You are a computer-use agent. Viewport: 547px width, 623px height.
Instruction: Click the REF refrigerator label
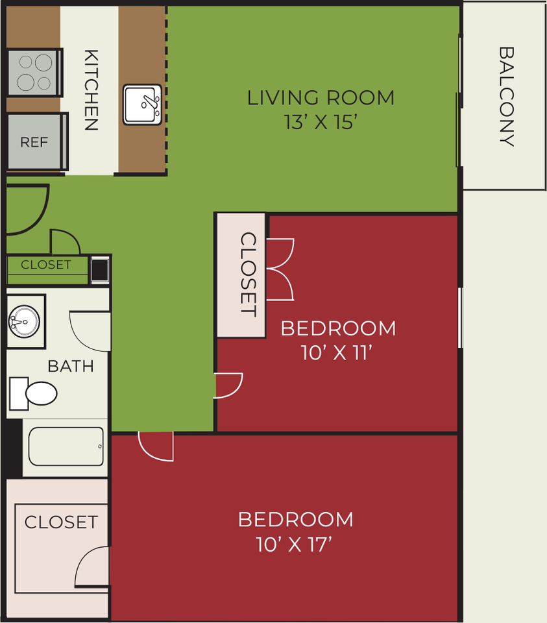click(34, 142)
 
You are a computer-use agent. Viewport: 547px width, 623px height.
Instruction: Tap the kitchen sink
click(142, 104)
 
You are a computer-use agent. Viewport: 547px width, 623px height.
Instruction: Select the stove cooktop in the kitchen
click(35, 73)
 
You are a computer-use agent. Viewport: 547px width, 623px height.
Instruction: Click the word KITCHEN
click(91, 90)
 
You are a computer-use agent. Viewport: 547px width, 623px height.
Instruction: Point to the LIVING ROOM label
click(321, 98)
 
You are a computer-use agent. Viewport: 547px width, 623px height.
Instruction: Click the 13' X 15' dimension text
click(321, 122)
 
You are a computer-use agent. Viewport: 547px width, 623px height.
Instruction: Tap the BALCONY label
click(507, 97)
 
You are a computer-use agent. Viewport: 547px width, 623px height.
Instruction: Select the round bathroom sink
click(24, 321)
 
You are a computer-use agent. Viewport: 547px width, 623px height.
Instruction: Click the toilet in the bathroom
click(33, 393)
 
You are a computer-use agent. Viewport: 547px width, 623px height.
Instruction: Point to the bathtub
click(66, 446)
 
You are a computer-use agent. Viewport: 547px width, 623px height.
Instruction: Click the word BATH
click(71, 366)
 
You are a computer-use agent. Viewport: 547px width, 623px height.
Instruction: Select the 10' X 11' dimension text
click(337, 352)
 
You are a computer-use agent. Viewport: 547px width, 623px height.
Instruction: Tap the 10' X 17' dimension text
click(294, 544)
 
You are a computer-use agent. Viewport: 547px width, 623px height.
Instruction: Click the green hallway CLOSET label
click(46, 265)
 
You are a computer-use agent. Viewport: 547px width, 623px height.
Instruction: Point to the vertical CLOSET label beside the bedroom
click(249, 274)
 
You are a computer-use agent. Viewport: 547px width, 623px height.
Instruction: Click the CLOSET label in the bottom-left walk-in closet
click(61, 522)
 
